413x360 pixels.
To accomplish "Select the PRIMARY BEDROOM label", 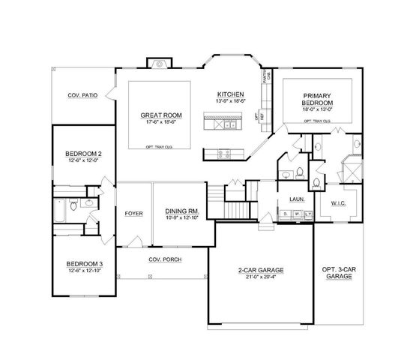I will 317,99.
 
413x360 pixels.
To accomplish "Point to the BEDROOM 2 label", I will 83,154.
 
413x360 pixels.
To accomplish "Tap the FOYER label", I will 133,213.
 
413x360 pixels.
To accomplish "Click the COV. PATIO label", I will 84,95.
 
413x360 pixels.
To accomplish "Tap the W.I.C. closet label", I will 337,202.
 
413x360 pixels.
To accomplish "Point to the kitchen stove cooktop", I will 223,154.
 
